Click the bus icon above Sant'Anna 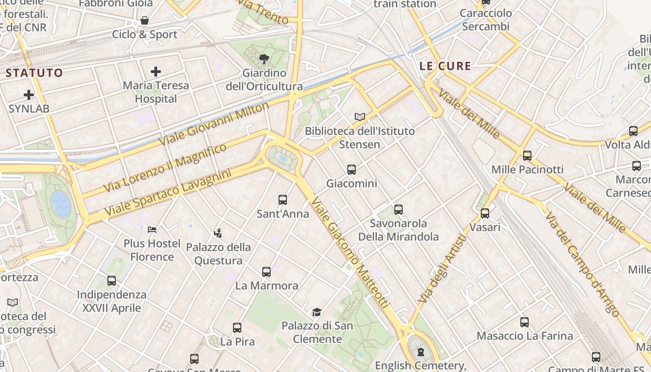pos(283,200)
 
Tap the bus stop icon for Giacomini pos(352,170)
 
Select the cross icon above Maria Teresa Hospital pos(156,72)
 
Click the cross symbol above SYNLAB pos(29,95)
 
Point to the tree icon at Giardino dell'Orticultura pos(264,59)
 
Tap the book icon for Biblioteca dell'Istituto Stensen pos(360,117)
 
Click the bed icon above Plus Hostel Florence pos(152,229)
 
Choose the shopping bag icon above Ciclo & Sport pos(145,21)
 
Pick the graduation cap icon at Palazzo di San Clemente pos(317,312)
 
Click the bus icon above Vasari pos(485,213)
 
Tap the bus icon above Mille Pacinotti pos(527,156)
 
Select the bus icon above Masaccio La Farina pos(525,322)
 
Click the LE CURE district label pos(445,66)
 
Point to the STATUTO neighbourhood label pos(34,73)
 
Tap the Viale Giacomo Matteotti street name pos(350,252)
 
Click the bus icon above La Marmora pos(266,272)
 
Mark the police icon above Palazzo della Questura pos(218,233)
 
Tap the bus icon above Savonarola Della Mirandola pos(399,210)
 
